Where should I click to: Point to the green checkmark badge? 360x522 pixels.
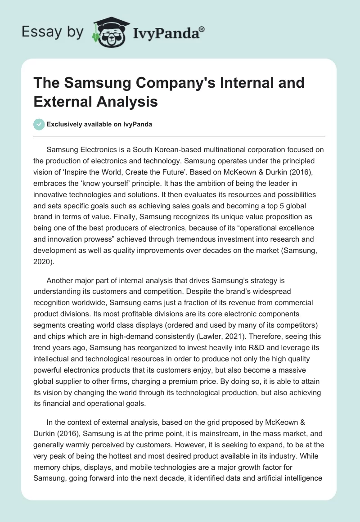39,124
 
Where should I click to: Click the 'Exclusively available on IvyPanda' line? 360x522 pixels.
99,125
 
